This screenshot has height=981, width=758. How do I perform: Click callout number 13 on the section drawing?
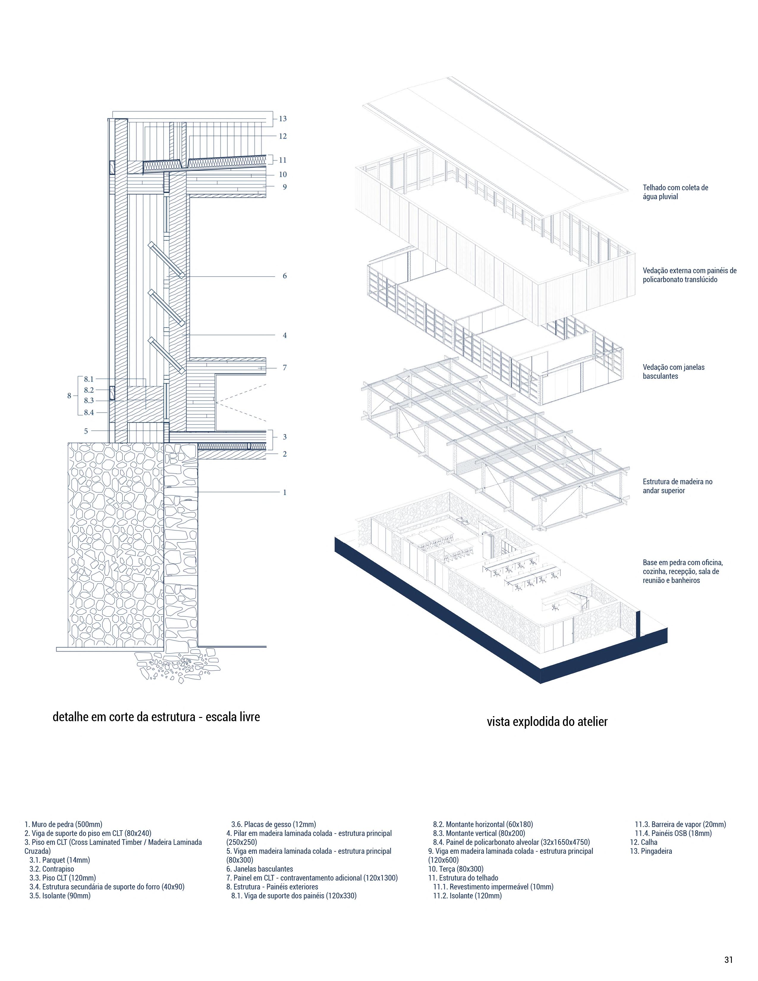point(282,119)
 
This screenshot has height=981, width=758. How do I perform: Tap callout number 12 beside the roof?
point(282,136)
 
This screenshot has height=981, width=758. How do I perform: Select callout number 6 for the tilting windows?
point(284,276)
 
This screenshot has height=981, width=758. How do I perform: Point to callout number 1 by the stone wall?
point(284,492)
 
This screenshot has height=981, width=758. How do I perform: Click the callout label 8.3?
point(89,401)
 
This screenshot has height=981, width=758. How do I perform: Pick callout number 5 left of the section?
point(86,431)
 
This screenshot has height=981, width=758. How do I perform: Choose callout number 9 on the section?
point(284,187)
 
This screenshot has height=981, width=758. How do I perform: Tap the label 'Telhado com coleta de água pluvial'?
point(675,192)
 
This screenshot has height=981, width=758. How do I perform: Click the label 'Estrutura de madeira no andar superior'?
point(677,486)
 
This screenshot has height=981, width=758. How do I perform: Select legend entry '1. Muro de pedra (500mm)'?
point(63,824)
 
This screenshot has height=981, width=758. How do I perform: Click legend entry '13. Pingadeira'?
point(651,851)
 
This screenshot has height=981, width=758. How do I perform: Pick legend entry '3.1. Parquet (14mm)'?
point(60,860)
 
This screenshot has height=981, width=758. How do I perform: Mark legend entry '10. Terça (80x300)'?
point(455,869)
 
